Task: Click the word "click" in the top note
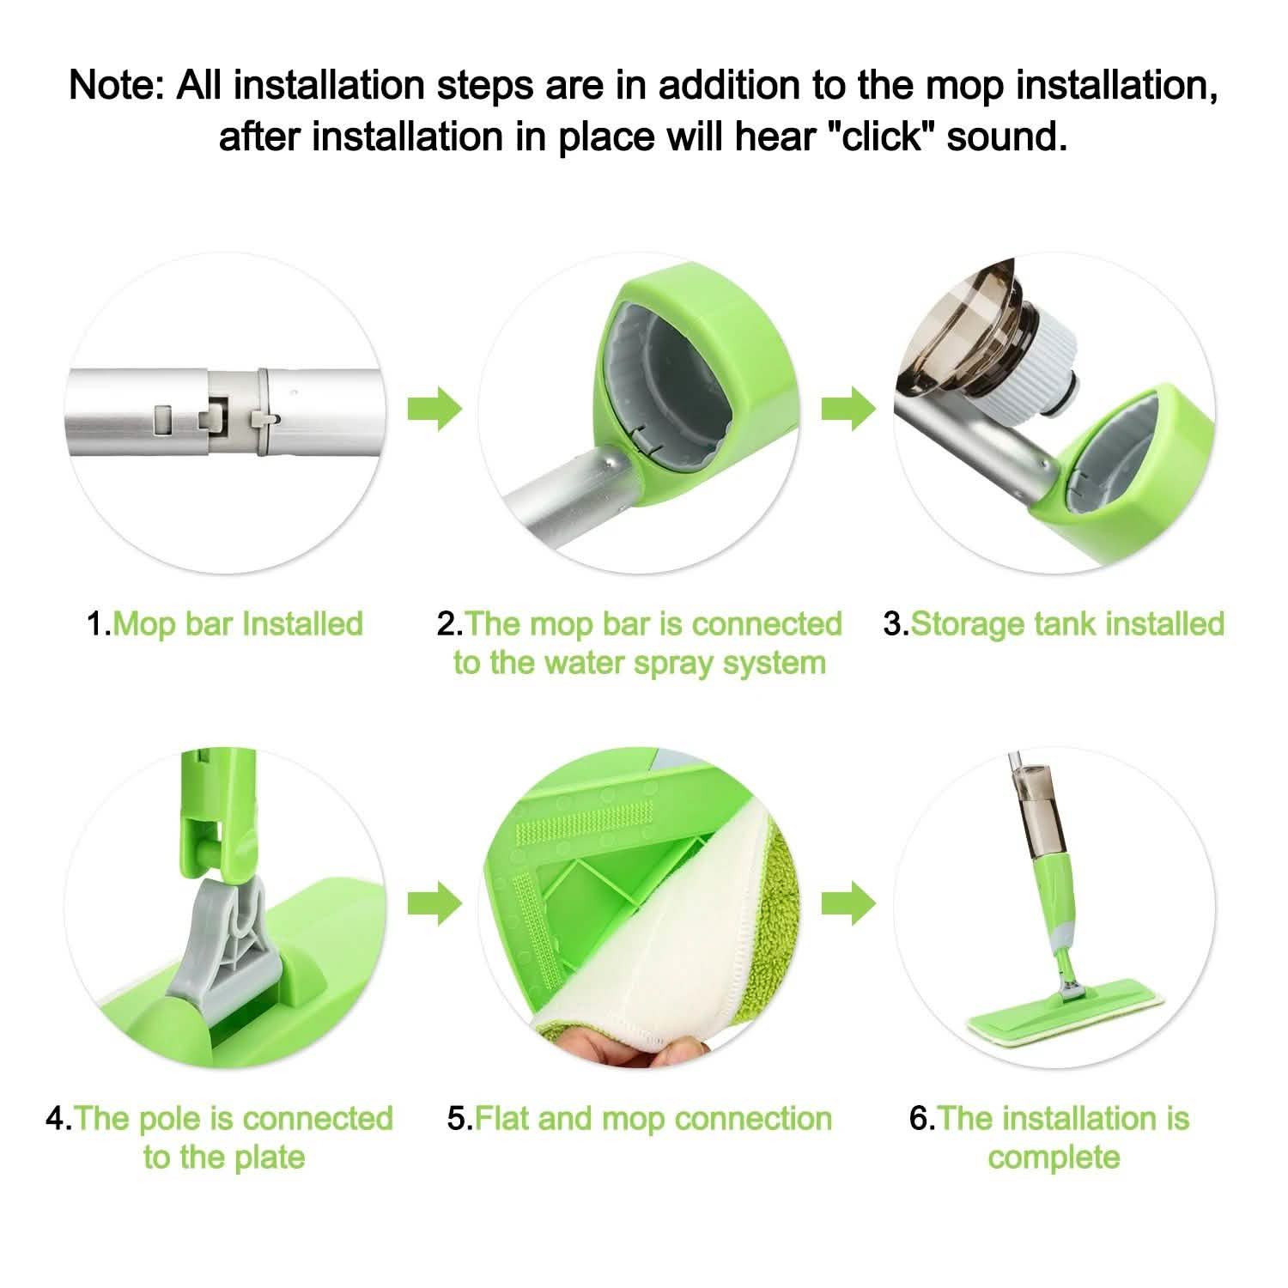(x=884, y=137)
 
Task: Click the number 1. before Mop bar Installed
(x=98, y=623)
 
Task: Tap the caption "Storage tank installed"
(x=1066, y=623)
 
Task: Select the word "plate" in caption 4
(x=270, y=1157)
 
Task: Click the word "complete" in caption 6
(x=1054, y=1157)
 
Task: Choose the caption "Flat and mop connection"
(x=653, y=1118)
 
